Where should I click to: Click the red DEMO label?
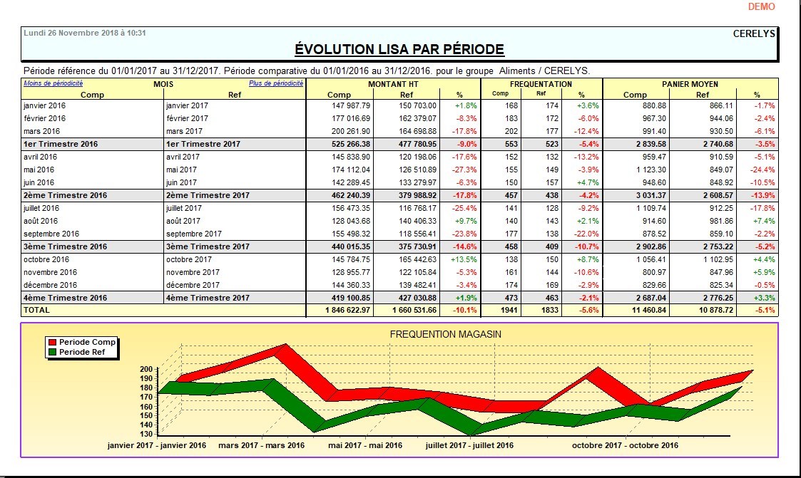761,6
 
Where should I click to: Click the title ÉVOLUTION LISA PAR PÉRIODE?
399,49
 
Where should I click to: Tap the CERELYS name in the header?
754,33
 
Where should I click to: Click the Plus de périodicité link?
276,83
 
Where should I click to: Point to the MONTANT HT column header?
393,84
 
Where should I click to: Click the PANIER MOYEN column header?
690,84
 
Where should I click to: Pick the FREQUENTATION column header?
541,84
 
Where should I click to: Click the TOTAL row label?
37,311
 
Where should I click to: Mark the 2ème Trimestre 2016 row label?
65,195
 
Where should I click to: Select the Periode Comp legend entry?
87,343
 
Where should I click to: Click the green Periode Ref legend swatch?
51,352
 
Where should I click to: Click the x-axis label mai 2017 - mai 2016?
364,445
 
